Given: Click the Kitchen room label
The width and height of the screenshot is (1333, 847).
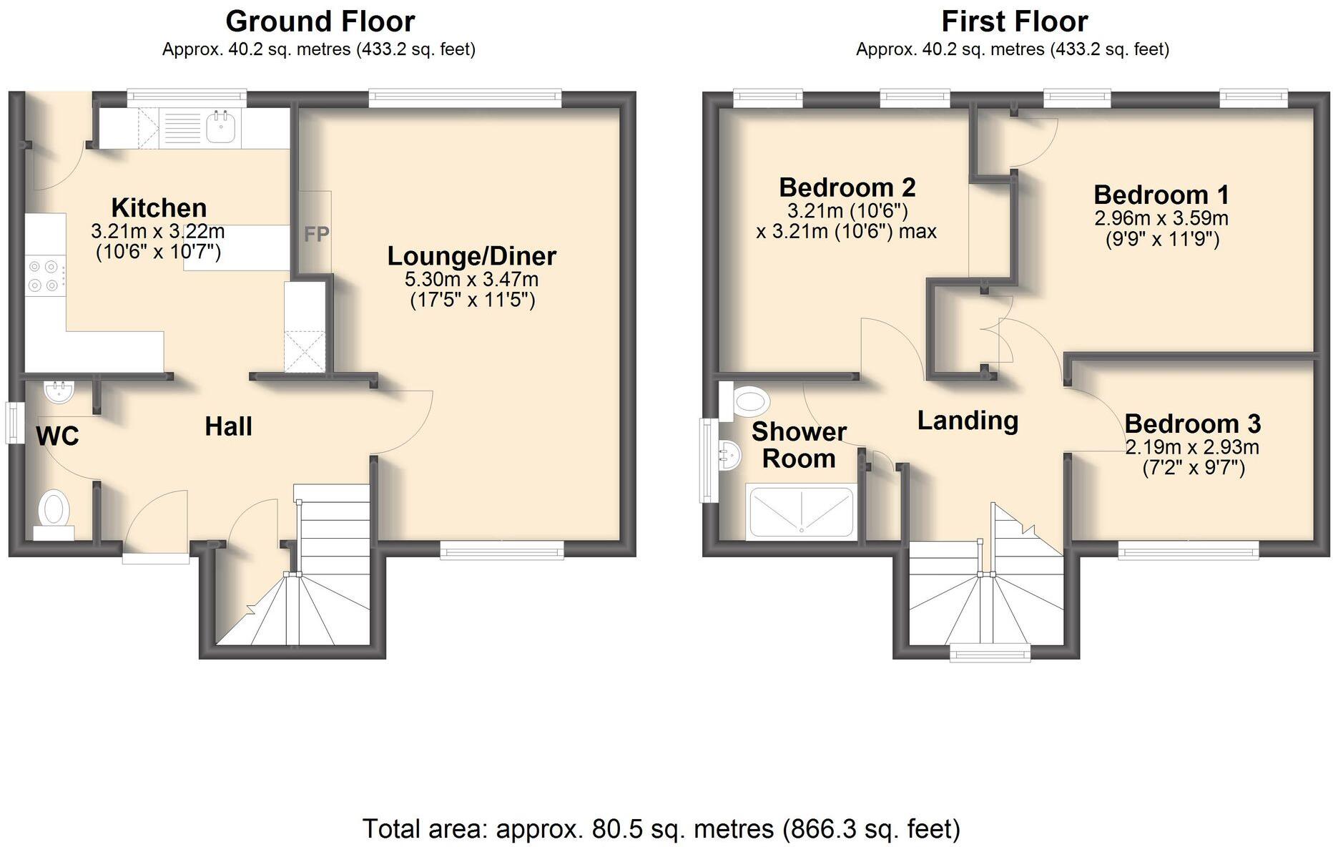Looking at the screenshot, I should pyautogui.click(x=159, y=208).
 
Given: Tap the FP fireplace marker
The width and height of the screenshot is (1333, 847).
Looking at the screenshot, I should pyautogui.click(x=316, y=234).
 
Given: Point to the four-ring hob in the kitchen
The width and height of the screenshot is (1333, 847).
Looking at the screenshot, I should pyautogui.click(x=43, y=276).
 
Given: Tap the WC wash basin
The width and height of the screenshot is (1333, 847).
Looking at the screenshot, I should pyautogui.click(x=59, y=392).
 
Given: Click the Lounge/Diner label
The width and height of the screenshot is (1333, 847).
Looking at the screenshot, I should pyautogui.click(x=471, y=256).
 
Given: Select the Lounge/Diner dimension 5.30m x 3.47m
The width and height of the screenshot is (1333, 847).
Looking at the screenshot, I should pyautogui.click(x=471, y=279).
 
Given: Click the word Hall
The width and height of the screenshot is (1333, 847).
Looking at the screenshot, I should pyautogui.click(x=228, y=426).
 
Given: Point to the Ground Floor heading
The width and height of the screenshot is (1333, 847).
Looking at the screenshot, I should pyautogui.click(x=320, y=21).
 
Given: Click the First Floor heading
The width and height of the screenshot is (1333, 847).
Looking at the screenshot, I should pyautogui.click(x=1014, y=21).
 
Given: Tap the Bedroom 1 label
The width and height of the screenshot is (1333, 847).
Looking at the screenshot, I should pyautogui.click(x=1161, y=195).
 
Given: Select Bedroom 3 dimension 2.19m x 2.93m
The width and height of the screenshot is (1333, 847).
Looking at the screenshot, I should pyautogui.click(x=1191, y=448).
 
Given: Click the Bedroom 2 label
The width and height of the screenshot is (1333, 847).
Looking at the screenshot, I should pyautogui.click(x=847, y=187).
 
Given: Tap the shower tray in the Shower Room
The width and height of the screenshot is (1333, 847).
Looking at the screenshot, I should pyautogui.click(x=800, y=511).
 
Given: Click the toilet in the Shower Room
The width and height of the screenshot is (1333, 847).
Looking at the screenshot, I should pyautogui.click(x=745, y=401).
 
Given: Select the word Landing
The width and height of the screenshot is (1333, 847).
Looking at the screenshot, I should pyautogui.click(x=968, y=421).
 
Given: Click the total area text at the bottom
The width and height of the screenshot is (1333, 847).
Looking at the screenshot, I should pyautogui.click(x=661, y=829).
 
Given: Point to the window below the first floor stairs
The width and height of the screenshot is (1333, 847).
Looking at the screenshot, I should pyautogui.click(x=989, y=652).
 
